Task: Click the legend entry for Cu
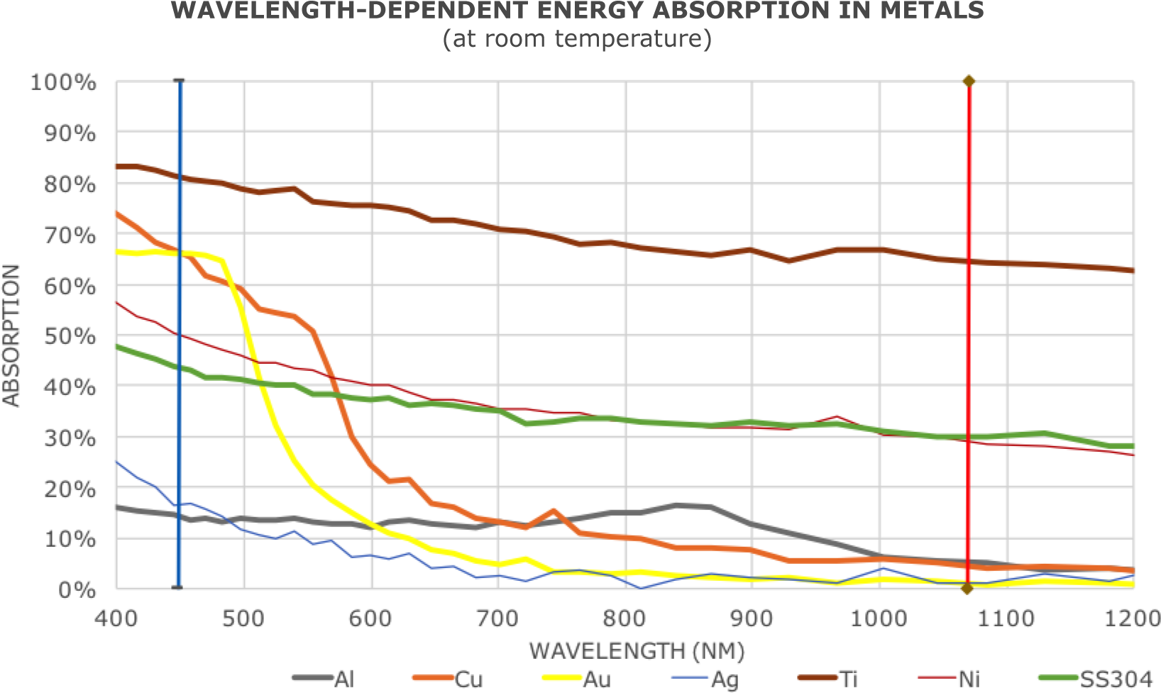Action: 454,679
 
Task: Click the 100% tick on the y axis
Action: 62,83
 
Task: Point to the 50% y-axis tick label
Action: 70,336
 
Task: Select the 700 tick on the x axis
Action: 498,619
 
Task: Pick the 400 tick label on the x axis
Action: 116,619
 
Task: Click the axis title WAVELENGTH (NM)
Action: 637,650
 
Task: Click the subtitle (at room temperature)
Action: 576,38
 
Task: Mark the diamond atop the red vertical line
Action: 968,81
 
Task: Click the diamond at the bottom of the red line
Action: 967,589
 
